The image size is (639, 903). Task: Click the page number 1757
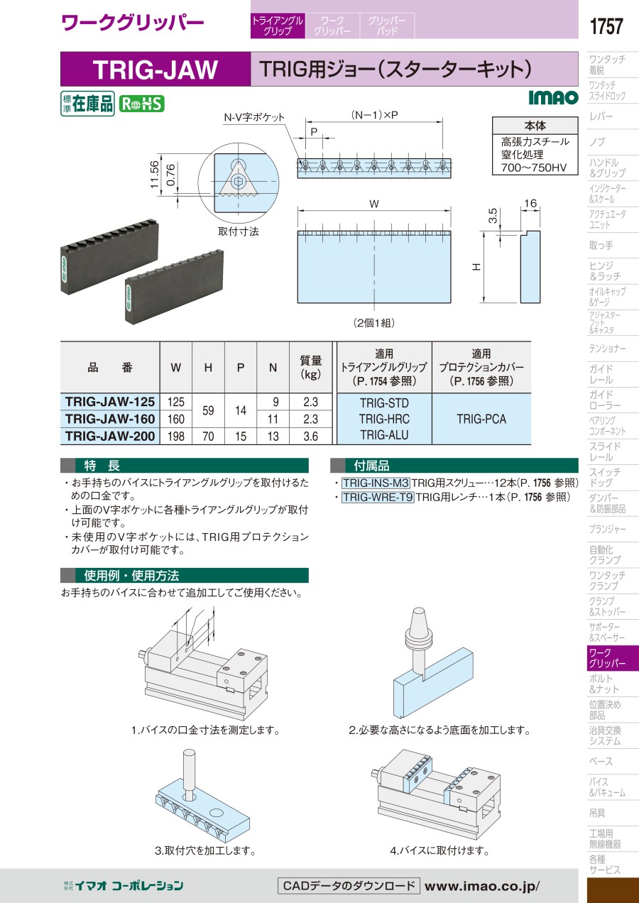606,26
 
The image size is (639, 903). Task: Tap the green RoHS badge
142,104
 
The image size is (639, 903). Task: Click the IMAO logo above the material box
554,97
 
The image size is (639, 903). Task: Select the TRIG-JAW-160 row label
110,419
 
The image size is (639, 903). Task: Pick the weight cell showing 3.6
310,436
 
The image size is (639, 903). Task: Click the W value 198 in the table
176,436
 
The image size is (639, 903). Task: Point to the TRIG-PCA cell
481,419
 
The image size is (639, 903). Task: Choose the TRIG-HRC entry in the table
384,419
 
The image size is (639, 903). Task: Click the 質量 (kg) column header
310,367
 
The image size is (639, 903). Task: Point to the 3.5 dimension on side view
493,216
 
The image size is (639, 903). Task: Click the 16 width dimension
530,203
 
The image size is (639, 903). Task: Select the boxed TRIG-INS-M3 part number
376,483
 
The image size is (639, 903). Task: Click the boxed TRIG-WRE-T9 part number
378,497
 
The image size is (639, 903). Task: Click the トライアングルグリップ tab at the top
278,26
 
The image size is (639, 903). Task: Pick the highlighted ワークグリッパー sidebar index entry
607,658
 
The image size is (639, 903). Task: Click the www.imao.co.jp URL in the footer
482,886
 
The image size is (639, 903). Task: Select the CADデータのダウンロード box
349,886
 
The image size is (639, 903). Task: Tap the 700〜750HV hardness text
534,168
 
